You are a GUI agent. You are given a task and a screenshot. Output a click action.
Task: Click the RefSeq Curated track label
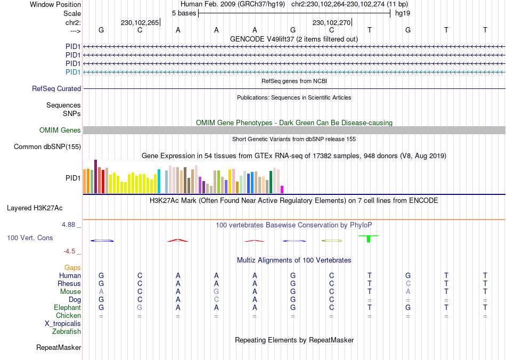tap(56, 89)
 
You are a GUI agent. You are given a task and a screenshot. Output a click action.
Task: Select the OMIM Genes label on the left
tap(60, 130)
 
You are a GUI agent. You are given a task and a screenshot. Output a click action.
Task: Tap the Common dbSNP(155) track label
tap(47, 147)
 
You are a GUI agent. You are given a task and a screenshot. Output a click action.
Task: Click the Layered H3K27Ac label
tap(35, 208)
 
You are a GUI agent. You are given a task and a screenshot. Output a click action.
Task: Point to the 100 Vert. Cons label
tap(30, 238)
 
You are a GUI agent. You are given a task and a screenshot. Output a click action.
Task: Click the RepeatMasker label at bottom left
tap(59, 348)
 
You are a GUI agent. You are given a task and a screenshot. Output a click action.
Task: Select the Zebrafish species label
tap(67, 332)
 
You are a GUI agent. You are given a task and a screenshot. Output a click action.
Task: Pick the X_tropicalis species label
tap(63, 324)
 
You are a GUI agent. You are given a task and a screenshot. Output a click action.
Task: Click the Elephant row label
tap(67, 308)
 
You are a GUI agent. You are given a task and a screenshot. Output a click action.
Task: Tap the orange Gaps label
tap(72, 268)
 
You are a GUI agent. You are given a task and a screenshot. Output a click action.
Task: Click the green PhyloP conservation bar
tap(369, 239)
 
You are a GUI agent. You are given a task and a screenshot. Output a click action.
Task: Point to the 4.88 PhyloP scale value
tap(70, 225)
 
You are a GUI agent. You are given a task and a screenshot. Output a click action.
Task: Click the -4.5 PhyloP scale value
tap(70, 251)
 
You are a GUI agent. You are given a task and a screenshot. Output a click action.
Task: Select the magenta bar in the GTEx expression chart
tap(282, 190)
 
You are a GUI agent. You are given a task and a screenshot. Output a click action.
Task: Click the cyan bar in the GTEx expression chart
tap(159, 182)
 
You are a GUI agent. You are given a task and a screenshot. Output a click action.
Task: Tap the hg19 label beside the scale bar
tap(402, 13)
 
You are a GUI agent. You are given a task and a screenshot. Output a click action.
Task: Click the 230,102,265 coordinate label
tap(140, 23)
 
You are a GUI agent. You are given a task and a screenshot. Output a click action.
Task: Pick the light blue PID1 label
tap(73, 72)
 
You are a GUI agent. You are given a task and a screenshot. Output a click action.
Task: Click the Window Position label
tap(55, 4)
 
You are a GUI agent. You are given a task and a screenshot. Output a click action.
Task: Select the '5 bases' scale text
tap(184, 13)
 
